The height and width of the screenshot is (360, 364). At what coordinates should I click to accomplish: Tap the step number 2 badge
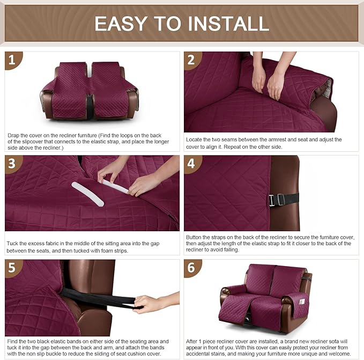coord(192,60)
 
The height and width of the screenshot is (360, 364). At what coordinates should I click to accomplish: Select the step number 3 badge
coord(13,163)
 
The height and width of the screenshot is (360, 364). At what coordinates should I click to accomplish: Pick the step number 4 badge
coord(192,163)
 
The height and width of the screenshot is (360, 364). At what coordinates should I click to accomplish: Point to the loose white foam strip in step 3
coord(87,193)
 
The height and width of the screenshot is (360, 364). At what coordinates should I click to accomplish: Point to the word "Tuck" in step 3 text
coord(13,243)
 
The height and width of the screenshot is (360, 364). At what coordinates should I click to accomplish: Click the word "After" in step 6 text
coord(193,341)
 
